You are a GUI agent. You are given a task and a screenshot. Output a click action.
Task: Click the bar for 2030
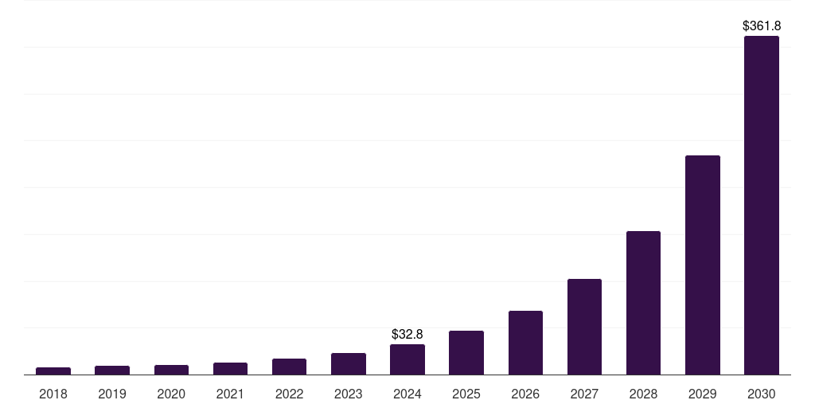(761, 205)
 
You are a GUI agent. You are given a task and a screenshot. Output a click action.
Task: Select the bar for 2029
(702, 265)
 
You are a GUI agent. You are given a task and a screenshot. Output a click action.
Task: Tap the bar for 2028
(643, 303)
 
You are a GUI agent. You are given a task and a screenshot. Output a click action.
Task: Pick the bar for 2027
(584, 327)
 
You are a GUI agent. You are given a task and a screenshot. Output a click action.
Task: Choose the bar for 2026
(525, 343)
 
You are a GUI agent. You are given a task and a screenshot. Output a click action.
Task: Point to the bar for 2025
(466, 352)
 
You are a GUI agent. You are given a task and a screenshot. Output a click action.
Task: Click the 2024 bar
(407, 359)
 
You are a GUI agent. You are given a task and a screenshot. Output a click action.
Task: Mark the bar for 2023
(349, 363)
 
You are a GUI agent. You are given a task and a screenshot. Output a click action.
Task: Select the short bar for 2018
(53, 371)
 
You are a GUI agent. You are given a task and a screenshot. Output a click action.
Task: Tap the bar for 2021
(230, 368)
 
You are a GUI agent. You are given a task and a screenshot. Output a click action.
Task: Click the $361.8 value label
(761, 26)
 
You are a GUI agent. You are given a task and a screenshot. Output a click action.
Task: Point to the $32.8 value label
(407, 335)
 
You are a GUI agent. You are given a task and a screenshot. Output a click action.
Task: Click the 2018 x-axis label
(53, 394)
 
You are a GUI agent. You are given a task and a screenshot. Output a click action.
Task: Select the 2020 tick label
(171, 394)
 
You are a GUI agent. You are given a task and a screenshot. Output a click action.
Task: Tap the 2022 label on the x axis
(289, 394)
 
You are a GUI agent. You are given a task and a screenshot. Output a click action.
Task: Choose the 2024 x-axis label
(407, 394)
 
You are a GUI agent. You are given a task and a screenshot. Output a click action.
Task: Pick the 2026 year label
(525, 394)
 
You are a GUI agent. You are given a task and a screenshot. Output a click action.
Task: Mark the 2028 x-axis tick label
(643, 394)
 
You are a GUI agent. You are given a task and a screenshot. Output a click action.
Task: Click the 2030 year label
(761, 394)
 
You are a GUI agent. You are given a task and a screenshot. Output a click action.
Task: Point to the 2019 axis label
(112, 394)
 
